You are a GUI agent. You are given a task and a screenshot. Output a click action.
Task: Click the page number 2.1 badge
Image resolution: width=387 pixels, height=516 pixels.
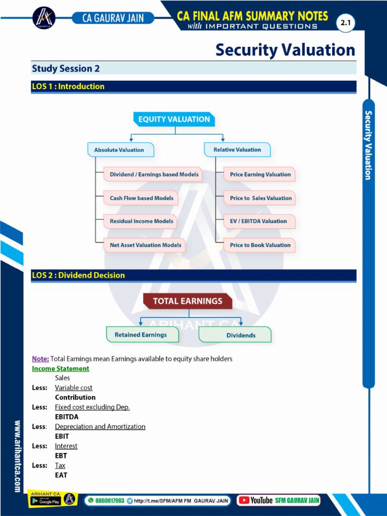coord(346,23)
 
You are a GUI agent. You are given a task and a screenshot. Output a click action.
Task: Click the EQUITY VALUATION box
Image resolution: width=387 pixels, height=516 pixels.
coord(174,119)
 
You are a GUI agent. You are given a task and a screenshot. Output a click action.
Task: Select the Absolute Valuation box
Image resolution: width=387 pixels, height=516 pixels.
coord(119,150)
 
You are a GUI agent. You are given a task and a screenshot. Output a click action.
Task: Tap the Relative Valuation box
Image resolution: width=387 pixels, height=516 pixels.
coord(237,150)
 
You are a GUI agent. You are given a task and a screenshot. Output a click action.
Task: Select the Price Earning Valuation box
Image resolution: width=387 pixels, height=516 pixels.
coord(260,174)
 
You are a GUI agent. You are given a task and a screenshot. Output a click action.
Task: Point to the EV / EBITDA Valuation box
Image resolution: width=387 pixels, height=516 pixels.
coord(259,221)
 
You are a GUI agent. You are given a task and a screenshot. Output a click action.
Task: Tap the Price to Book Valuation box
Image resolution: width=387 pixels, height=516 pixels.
coord(260,245)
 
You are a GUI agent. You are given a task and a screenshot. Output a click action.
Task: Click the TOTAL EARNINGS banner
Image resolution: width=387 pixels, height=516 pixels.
coord(187,301)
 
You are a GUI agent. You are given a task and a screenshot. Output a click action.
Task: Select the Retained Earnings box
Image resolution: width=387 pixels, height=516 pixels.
coord(141,335)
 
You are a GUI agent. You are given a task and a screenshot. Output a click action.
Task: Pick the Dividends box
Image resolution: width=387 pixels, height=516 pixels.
coord(240,335)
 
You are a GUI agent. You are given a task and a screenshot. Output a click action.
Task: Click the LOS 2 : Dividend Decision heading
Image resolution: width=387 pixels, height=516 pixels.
coord(78,275)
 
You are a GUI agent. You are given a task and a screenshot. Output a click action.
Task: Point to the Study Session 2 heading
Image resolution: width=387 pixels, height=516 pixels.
coord(62,69)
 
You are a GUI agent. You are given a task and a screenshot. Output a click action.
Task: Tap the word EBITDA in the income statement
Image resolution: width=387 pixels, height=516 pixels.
coord(67,417)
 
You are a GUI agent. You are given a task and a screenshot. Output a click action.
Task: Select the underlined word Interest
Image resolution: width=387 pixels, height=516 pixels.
coord(66,446)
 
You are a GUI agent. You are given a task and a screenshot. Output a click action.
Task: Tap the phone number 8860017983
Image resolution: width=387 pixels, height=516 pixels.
coord(109,501)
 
